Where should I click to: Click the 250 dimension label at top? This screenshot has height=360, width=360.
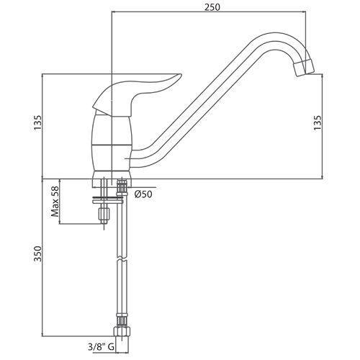(x=212, y=7)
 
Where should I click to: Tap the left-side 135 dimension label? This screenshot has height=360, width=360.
(x=37, y=123)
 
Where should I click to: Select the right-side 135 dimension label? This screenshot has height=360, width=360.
(x=318, y=123)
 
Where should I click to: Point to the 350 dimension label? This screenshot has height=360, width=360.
(x=37, y=253)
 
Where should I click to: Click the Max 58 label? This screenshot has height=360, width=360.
(x=55, y=202)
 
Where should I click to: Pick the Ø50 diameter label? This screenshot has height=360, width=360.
(x=143, y=194)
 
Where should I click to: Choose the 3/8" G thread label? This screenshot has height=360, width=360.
(x=101, y=347)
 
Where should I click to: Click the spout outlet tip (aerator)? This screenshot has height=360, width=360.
(x=304, y=68)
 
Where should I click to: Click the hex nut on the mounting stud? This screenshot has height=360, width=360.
(x=104, y=213)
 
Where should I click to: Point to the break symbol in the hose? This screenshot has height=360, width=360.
(x=122, y=259)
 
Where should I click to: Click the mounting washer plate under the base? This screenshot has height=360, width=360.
(x=108, y=200)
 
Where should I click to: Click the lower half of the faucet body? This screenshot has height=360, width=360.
(x=112, y=158)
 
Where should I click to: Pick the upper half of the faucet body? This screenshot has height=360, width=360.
(x=112, y=130)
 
